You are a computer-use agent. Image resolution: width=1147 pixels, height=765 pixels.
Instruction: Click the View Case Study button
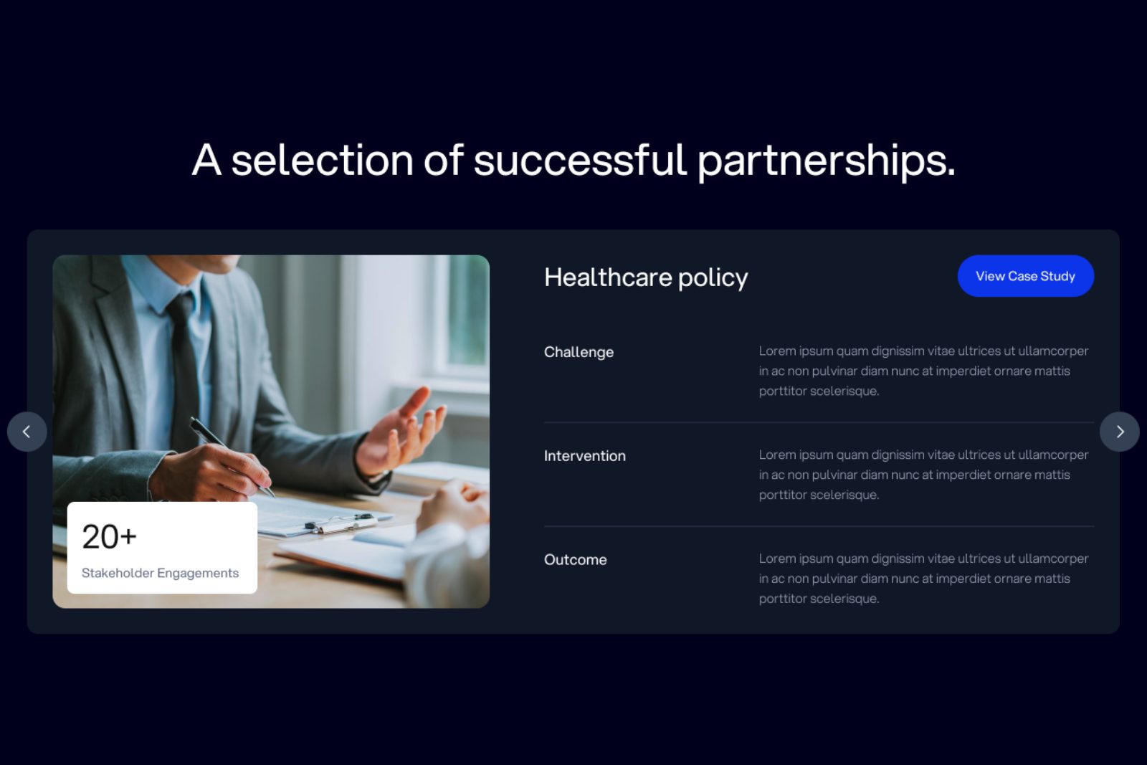coord(1026,276)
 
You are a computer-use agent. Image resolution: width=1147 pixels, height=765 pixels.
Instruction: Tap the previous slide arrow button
coord(27,432)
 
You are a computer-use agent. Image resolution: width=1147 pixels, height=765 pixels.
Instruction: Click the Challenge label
coord(579,352)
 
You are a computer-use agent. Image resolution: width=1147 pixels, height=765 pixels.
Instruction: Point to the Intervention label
coord(585,456)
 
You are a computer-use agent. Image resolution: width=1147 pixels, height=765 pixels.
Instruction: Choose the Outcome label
coord(576,560)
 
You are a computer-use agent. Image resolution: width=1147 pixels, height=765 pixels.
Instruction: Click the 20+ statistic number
coord(110,537)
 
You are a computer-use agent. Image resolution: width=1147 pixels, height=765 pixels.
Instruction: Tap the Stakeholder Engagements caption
coord(161,573)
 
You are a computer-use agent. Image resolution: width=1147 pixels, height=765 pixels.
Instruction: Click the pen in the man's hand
coord(230,456)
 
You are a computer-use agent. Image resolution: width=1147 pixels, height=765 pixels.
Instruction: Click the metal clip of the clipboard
coord(341,522)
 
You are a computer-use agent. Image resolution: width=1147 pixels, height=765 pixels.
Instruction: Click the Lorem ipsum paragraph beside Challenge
coord(924,371)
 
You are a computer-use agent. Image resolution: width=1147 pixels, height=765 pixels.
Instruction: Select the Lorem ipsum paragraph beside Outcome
coord(924,579)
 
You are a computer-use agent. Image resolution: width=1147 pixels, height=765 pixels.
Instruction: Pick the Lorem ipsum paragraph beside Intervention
coord(924,475)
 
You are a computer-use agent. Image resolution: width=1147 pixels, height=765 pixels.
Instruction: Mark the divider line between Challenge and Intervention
coord(819,422)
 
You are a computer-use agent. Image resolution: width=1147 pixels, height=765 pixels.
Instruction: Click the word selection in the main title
coord(322,161)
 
